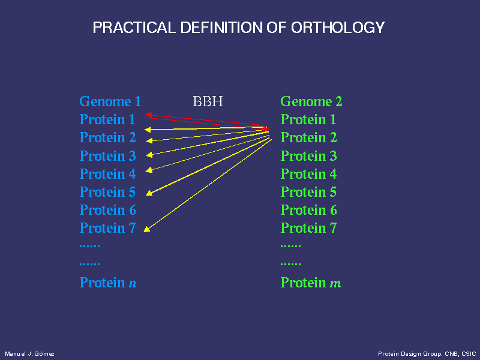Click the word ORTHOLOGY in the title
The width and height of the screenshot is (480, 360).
click(x=338, y=28)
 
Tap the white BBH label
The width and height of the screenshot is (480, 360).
click(x=208, y=101)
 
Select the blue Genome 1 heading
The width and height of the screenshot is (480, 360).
click(x=110, y=101)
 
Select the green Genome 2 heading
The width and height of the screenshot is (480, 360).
click(x=311, y=101)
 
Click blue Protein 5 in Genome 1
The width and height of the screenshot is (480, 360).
click(x=107, y=192)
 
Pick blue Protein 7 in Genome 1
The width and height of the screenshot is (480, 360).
click(x=107, y=228)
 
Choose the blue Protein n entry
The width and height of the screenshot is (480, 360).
click(x=108, y=283)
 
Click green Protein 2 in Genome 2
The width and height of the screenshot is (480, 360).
click(x=308, y=137)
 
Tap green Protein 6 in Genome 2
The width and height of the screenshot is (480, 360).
click(x=308, y=210)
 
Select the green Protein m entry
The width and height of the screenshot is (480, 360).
click(x=311, y=283)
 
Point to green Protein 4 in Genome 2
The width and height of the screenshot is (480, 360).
click(x=308, y=174)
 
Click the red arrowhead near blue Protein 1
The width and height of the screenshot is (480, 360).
click(x=148, y=115)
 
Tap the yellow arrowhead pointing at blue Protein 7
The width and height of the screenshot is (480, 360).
click(x=146, y=229)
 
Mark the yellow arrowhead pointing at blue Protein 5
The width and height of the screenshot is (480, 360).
click(x=149, y=193)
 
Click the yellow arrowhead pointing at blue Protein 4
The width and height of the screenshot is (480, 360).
click(x=149, y=170)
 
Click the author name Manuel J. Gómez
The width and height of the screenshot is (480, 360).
click(x=29, y=354)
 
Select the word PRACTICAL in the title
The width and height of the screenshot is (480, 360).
click(x=134, y=28)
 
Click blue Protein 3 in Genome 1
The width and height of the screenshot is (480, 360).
click(x=107, y=156)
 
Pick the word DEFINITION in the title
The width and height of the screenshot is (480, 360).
click(x=221, y=28)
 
